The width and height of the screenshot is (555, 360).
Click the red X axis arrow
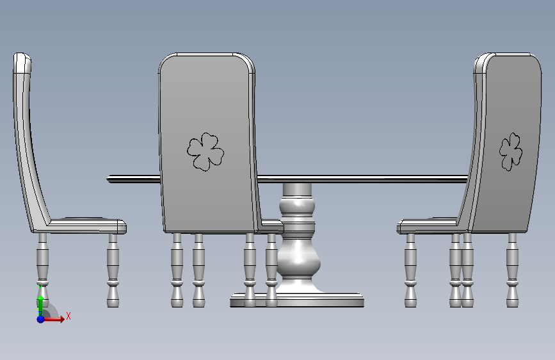(x=54, y=319)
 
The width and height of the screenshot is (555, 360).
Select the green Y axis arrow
(x=40, y=302)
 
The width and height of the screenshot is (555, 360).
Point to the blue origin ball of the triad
(x=40, y=319)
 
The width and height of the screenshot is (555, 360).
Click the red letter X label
(x=68, y=316)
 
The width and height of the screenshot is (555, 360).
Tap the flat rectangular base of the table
(x=297, y=300)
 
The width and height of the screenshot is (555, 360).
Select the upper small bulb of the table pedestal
(x=297, y=207)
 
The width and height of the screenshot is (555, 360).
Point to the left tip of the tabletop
(x=107, y=179)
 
